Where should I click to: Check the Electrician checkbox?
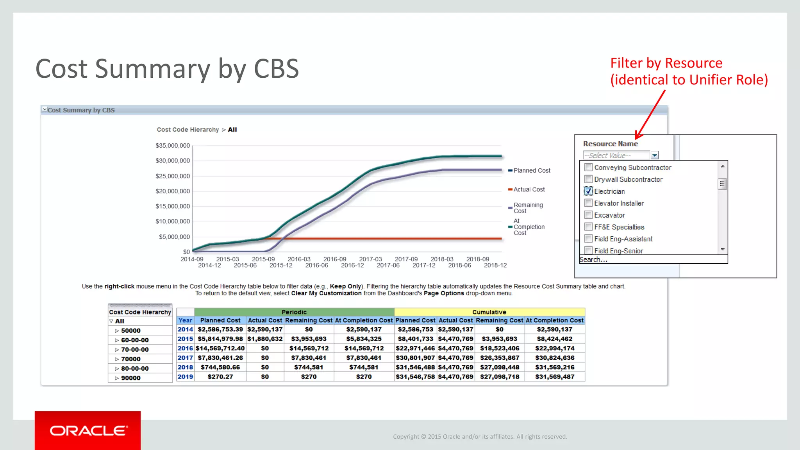588,191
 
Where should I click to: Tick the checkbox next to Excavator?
588,215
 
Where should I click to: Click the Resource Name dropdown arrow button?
655,155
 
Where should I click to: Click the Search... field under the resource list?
652,260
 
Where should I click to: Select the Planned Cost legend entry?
531,171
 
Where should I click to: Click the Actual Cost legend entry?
529,189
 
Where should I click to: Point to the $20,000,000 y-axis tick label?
173,191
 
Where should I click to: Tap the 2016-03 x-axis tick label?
299,259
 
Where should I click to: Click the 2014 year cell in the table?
185,329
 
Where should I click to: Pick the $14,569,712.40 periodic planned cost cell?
220,348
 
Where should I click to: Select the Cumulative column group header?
489,312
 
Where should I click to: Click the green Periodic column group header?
294,312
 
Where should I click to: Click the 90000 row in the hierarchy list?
130,378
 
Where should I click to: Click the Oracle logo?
88,430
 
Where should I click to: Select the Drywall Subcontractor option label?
628,180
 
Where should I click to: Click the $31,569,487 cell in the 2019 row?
554,377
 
